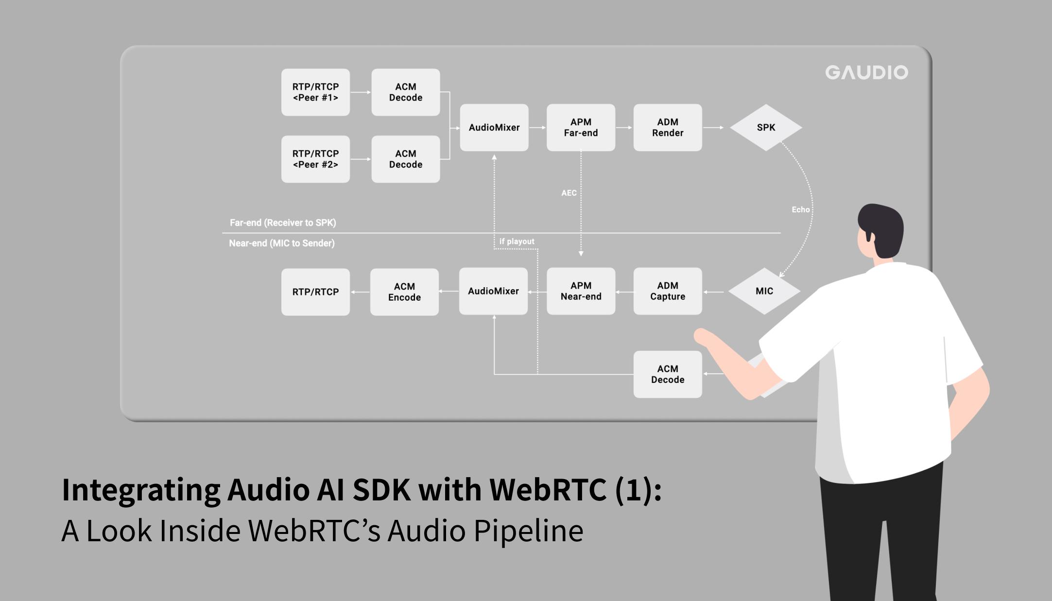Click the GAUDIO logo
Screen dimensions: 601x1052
[866, 72]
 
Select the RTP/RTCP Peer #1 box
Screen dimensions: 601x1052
[315, 92]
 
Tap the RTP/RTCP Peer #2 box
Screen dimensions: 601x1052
[315, 159]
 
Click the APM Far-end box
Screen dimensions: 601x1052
[581, 127]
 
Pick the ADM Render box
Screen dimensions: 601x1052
[667, 127]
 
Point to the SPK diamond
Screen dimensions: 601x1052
[766, 127]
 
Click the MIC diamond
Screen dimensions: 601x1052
[764, 291]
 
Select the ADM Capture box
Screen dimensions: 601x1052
[667, 291]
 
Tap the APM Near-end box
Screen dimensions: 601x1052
[581, 291]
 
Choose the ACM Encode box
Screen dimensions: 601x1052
[404, 292]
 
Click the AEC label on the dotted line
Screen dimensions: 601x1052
[569, 193]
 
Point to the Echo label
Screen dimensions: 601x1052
[800, 209]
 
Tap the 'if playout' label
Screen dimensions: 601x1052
[517, 241]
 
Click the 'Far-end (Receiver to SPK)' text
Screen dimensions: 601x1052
[283, 223]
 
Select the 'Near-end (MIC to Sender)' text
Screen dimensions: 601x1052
[282, 243]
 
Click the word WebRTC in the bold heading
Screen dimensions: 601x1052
[548, 489]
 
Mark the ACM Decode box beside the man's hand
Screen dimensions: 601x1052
[667, 374]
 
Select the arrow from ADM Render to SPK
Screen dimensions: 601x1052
[713, 127]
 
